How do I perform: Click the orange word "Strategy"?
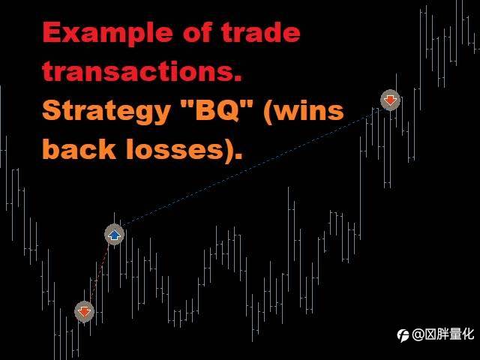(106, 112)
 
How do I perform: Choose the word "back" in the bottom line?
(79, 148)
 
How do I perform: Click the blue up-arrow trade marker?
(114, 235)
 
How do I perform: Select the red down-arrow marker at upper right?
(390, 100)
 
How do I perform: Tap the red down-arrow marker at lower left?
(84, 312)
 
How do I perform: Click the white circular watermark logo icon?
(403, 335)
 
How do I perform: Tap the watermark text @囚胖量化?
(442, 334)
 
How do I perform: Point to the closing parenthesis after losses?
(229, 150)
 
